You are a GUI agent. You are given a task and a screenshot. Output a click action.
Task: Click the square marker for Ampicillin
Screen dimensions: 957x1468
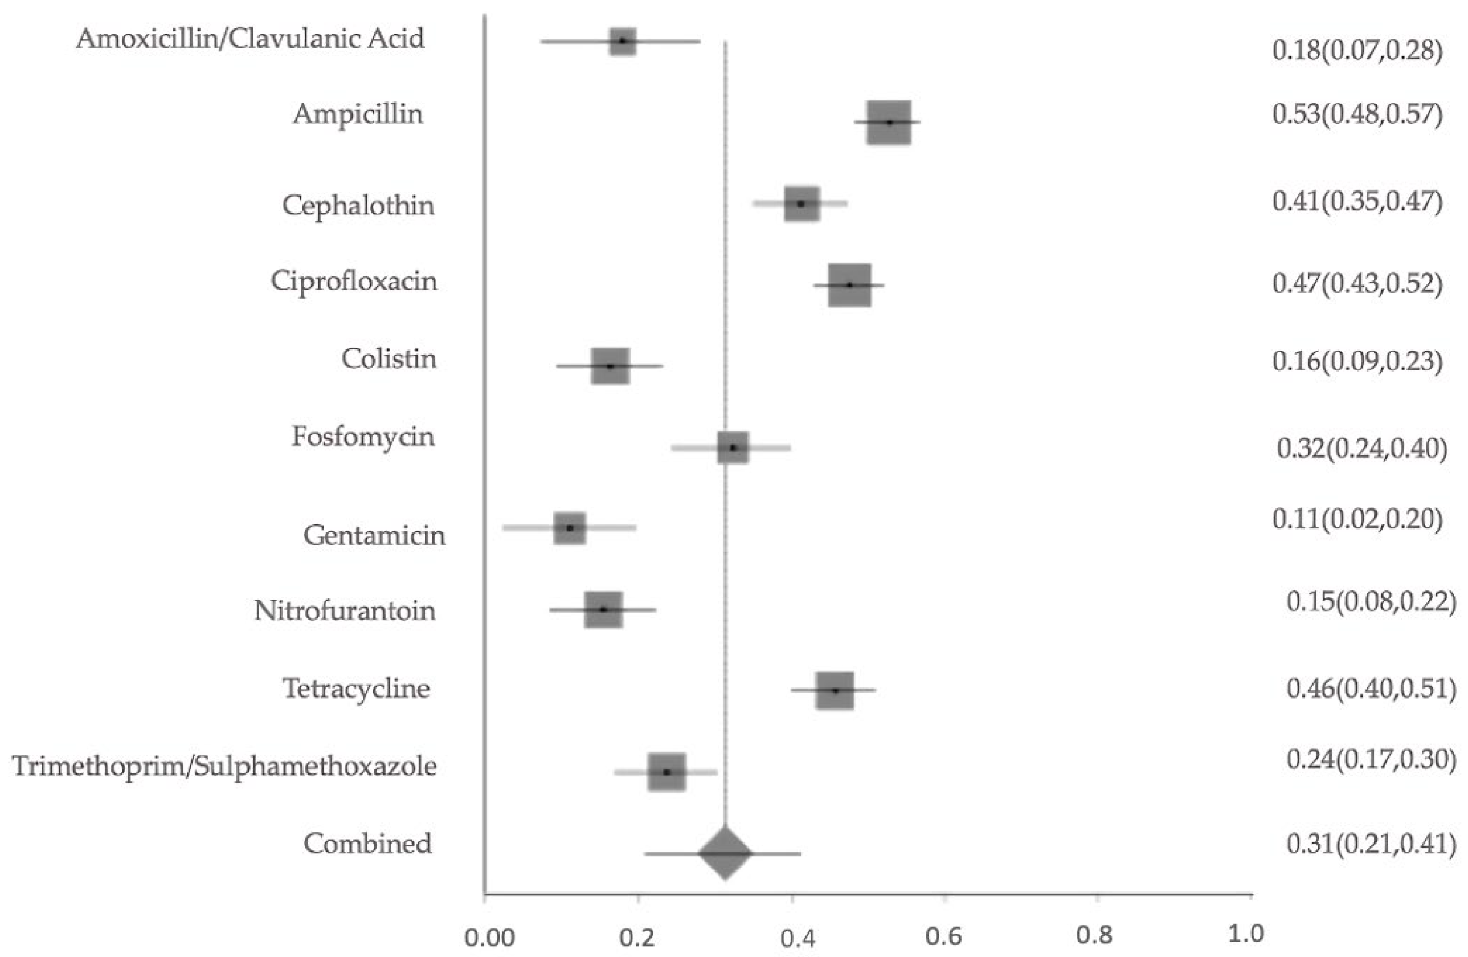pyautogui.click(x=888, y=122)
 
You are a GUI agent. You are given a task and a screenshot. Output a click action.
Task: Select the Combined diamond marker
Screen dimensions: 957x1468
pyautogui.click(x=725, y=853)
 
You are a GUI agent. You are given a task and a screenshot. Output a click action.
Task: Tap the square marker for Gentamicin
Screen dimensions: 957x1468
pyautogui.click(x=569, y=528)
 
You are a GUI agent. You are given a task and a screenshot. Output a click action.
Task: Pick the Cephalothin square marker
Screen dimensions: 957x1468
pyautogui.click(x=802, y=203)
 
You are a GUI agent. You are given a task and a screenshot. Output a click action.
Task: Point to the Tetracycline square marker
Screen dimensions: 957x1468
pyautogui.click(x=835, y=690)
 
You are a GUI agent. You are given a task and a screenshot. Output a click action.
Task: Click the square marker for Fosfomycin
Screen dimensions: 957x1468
pyautogui.click(x=733, y=447)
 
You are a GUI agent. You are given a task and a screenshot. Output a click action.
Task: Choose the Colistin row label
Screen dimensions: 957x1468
pyautogui.click(x=389, y=359)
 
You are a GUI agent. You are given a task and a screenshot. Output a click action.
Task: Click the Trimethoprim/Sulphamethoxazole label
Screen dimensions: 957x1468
pyautogui.click(x=224, y=765)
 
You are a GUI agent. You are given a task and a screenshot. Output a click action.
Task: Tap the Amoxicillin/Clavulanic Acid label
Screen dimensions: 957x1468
pyautogui.click(x=251, y=39)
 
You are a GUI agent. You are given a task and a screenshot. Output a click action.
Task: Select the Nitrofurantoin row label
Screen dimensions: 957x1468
pyautogui.click(x=345, y=610)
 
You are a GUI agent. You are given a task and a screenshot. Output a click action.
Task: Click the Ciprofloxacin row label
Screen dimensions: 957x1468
pyautogui.click(x=354, y=281)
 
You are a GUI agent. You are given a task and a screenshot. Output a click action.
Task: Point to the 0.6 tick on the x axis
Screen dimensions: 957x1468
pyautogui.click(x=944, y=936)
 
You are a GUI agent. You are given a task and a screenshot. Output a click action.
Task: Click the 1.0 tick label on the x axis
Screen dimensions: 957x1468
pyautogui.click(x=1246, y=934)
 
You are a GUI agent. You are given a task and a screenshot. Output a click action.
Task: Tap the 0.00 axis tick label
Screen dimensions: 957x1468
pyautogui.click(x=489, y=938)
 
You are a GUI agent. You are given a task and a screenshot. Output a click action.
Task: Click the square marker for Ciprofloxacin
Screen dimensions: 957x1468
pyautogui.click(x=849, y=285)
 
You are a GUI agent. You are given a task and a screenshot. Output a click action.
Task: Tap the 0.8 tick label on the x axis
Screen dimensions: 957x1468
pyautogui.click(x=1094, y=935)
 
